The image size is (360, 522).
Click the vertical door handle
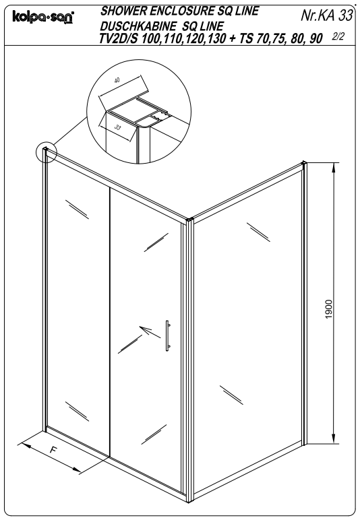pyautogui.click(x=167, y=334)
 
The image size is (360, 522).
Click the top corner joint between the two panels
pyautogui.click(x=189, y=219)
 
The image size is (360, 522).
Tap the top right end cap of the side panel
pyautogui.click(x=305, y=163)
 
